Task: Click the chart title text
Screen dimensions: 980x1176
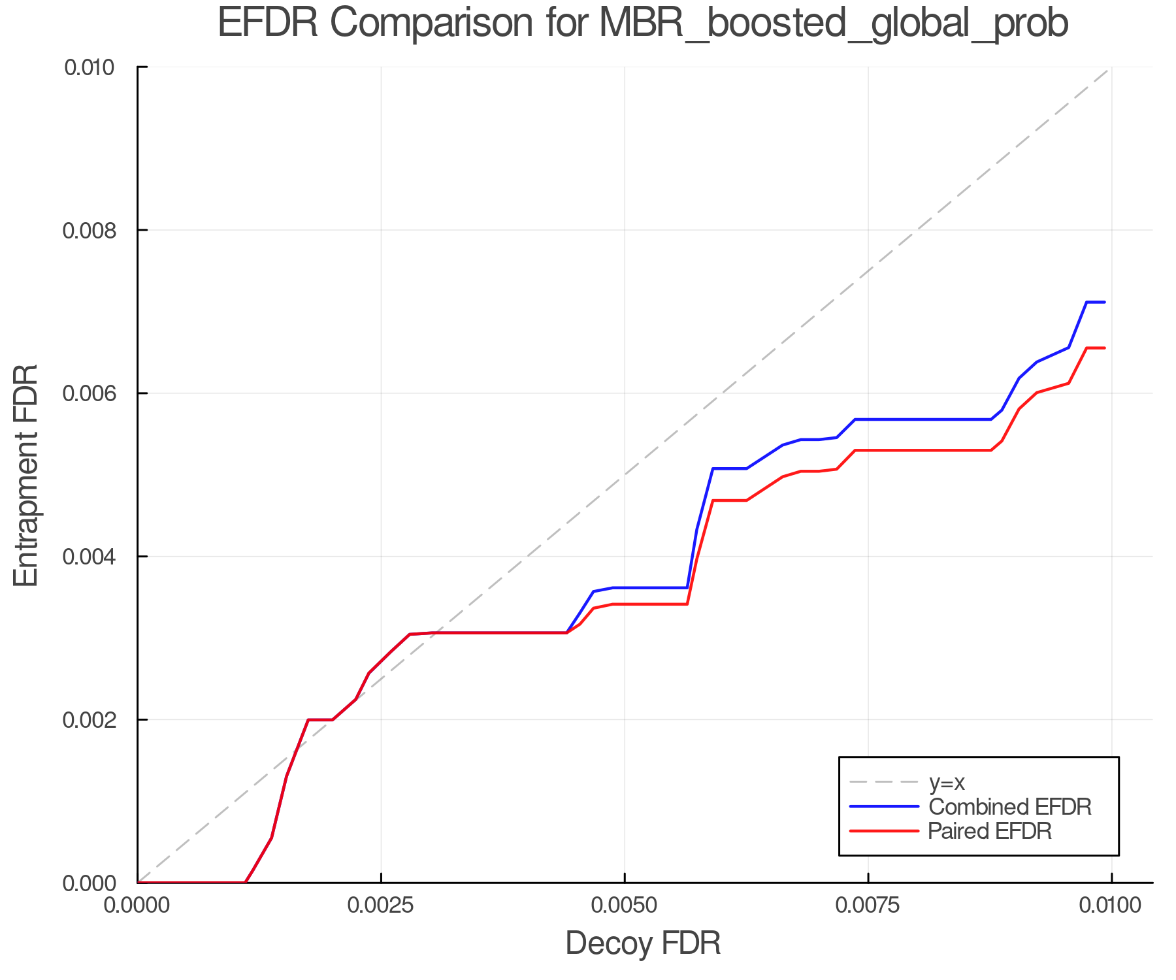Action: [x=643, y=24]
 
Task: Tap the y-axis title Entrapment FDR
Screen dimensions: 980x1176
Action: [x=26, y=475]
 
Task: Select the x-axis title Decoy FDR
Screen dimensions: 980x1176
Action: [x=643, y=943]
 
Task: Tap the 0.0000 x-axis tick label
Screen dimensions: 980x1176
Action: [x=137, y=906]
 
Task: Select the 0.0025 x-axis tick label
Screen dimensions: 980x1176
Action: [x=381, y=906]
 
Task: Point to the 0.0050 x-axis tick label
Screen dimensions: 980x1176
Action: [x=625, y=906]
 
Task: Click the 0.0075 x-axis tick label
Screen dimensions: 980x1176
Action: [x=868, y=906]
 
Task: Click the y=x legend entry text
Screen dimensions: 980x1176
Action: [x=947, y=782]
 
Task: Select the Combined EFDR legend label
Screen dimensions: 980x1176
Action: [x=1010, y=807]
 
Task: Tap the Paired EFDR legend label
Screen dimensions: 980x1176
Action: [x=990, y=831]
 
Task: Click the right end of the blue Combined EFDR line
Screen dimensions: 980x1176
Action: [x=1104, y=302]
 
